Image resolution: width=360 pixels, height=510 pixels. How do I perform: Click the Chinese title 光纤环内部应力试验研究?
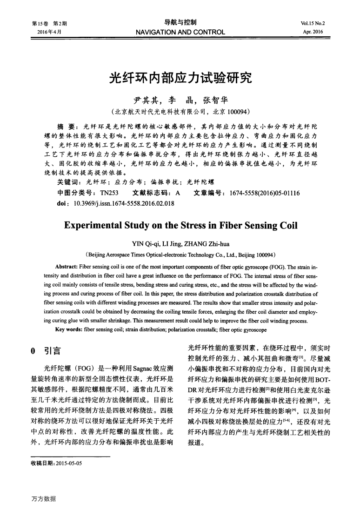click(x=180, y=77)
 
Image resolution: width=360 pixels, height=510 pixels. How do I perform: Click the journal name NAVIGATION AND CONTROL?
click(x=180, y=32)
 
